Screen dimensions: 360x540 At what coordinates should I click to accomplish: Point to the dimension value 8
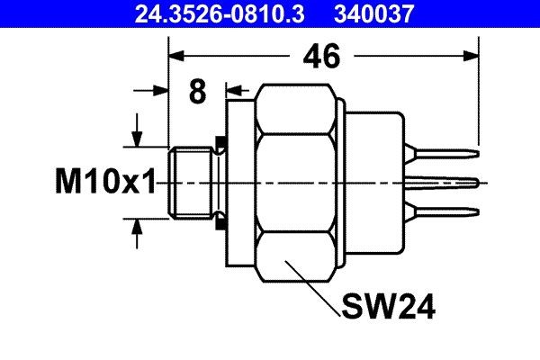[x=198, y=91]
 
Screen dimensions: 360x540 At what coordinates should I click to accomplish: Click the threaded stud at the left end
[x=191, y=182]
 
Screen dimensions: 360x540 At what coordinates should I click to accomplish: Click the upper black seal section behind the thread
[x=219, y=144]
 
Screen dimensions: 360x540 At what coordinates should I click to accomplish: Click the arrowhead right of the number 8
[x=234, y=90]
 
